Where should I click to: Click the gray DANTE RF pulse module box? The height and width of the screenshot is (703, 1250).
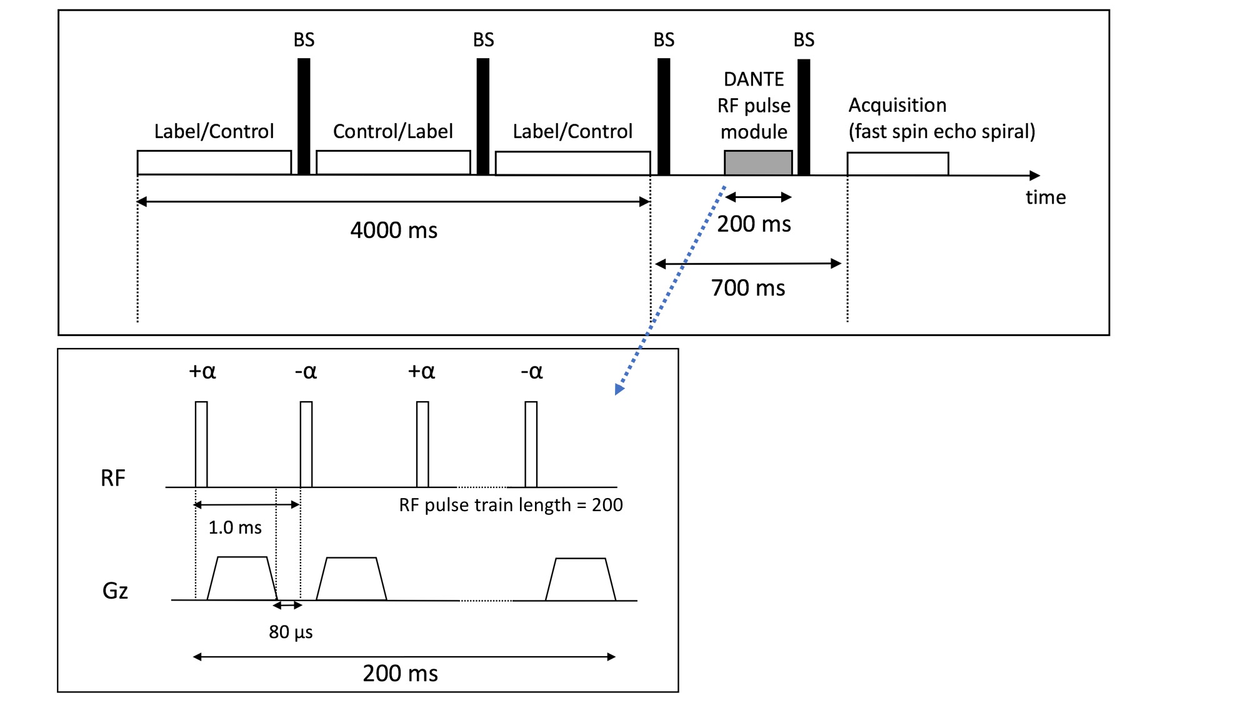point(757,162)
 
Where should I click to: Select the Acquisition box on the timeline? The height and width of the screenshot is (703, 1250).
point(897,164)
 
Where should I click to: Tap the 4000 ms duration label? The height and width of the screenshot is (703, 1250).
point(394,230)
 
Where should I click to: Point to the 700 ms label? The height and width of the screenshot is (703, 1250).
point(748,288)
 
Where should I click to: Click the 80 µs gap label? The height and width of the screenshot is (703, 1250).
point(291,632)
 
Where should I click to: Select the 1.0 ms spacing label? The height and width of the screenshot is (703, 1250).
point(235,527)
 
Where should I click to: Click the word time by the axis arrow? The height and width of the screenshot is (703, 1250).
point(1046,197)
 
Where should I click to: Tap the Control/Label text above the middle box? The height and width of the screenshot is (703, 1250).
point(392,131)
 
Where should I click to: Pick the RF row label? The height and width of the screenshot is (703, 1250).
point(113,478)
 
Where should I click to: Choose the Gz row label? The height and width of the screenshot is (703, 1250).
point(115,591)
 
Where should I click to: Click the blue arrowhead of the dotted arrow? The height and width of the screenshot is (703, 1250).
point(619,389)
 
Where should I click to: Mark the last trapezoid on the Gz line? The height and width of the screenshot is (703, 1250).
point(581,580)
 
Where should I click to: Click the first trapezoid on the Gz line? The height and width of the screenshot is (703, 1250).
point(242,579)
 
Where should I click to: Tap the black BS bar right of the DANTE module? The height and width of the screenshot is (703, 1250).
point(804,117)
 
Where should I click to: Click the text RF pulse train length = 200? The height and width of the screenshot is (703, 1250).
point(511,505)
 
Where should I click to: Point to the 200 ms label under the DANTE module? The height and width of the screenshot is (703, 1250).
point(754,224)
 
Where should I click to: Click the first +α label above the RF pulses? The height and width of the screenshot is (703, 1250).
point(202,371)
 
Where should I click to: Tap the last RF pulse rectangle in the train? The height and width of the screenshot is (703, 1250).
point(531,444)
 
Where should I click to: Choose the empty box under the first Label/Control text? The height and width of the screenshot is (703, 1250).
point(214,162)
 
